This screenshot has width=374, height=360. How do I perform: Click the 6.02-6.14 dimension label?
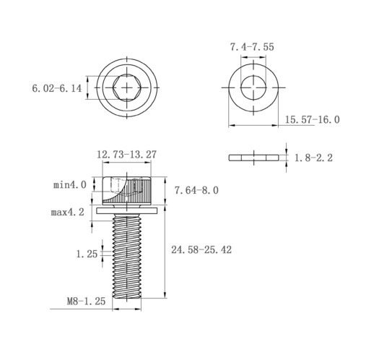tap(57, 88)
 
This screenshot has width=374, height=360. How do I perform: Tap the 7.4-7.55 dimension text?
tap(252, 47)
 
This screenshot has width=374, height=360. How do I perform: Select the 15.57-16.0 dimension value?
tap(313, 119)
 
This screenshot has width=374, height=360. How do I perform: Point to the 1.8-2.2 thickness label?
tap(313, 158)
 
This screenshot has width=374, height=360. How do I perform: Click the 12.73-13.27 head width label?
tap(126, 155)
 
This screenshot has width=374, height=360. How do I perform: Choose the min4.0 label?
tap(70, 185)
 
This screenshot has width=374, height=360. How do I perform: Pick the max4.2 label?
tap(68, 213)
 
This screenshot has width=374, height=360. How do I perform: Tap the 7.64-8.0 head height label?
tap(196, 190)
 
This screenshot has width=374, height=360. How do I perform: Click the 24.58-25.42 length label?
tap(201, 250)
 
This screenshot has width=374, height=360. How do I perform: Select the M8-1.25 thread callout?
tap(86, 301)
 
